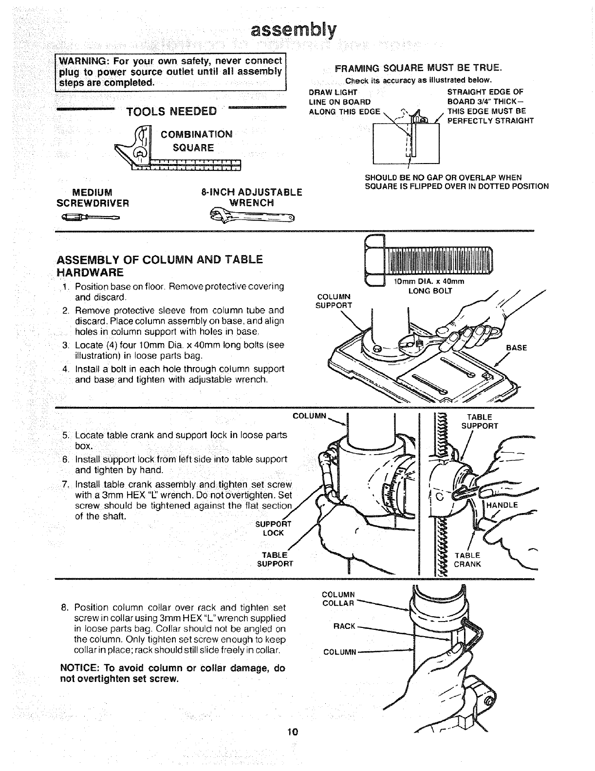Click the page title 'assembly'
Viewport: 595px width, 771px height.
pos(294,30)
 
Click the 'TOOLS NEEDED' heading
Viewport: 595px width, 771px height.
pos(171,111)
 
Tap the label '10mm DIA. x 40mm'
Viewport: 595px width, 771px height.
pos(429,281)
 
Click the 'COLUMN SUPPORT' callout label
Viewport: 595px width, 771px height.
pos(334,300)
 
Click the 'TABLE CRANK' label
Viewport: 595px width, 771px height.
pos(467,559)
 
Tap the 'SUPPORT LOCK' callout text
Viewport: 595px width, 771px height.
pos(273,528)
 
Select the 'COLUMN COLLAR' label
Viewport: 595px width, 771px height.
pos(339,599)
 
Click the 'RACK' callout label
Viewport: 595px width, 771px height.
pos(345,626)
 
